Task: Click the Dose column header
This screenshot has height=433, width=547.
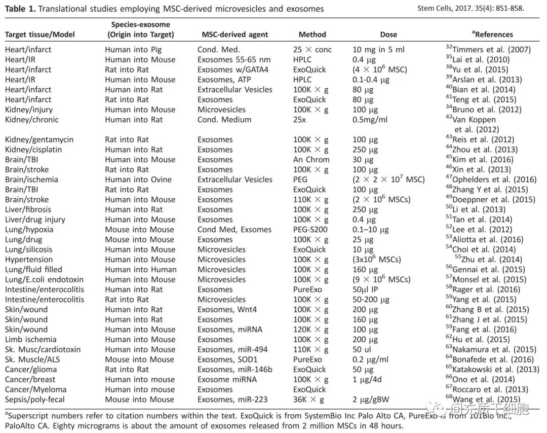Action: [388, 34]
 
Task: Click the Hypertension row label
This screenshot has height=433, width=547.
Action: [28, 260]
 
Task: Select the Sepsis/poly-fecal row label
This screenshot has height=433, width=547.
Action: [37, 400]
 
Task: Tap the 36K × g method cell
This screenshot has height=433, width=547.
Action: [308, 400]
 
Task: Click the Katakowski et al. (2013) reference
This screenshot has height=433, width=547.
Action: [496, 370]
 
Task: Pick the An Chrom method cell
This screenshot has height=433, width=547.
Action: [311, 160]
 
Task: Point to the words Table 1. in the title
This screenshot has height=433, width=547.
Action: [21, 9]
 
